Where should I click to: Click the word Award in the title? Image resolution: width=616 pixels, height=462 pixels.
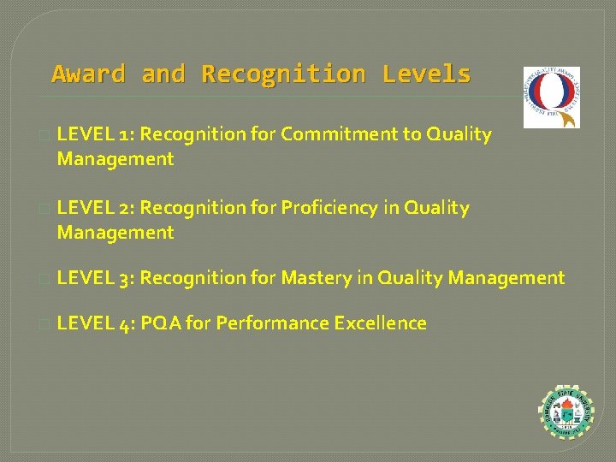coord(88,74)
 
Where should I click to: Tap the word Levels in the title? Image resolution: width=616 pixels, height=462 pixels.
coord(426,74)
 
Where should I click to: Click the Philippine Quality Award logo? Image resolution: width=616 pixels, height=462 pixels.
coord(552,97)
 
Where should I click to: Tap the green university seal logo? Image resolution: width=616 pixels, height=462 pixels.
coord(566,415)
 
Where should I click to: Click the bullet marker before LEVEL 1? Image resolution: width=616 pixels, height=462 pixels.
coord(44,135)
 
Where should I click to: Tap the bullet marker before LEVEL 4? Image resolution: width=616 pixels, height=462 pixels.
coord(44,324)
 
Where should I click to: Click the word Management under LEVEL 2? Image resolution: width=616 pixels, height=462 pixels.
coord(115,233)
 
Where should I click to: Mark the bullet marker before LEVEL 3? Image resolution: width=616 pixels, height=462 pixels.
coord(44,279)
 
